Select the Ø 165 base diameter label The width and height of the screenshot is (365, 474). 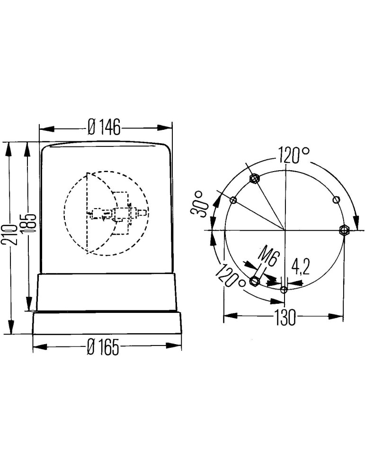click(103, 348)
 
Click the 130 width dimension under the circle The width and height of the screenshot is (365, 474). click(284, 317)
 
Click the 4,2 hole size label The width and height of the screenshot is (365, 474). click(300, 267)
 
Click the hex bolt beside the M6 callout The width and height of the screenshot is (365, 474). click(255, 282)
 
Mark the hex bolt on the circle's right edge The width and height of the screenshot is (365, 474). click(344, 230)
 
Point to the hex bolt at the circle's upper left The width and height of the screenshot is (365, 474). click(255, 178)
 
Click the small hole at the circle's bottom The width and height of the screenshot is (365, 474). click(284, 290)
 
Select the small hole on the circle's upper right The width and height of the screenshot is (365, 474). click(336, 200)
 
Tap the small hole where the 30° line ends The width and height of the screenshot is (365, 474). click(233, 200)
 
